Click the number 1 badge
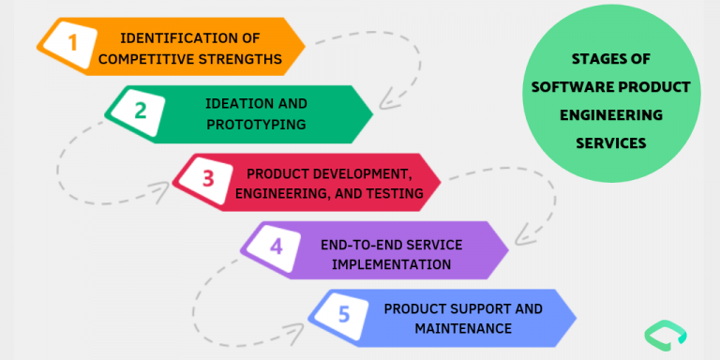pyautogui.click(x=72, y=40)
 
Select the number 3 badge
pyautogui.click(x=208, y=177)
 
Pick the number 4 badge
pyautogui.click(x=276, y=247)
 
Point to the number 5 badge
pyautogui.click(x=343, y=314)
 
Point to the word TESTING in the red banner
pyautogui.click(x=397, y=194)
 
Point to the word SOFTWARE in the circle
pyautogui.click(x=571, y=87)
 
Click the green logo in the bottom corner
pyautogui.click(x=666, y=334)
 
